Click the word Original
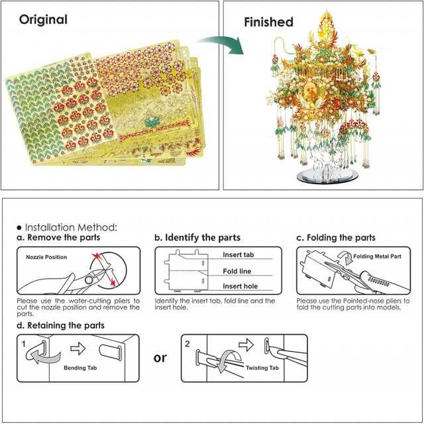point(43,19)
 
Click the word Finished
point(268,22)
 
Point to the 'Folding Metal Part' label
point(374,256)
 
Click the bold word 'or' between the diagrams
point(160,358)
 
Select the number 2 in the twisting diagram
point(187,344)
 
